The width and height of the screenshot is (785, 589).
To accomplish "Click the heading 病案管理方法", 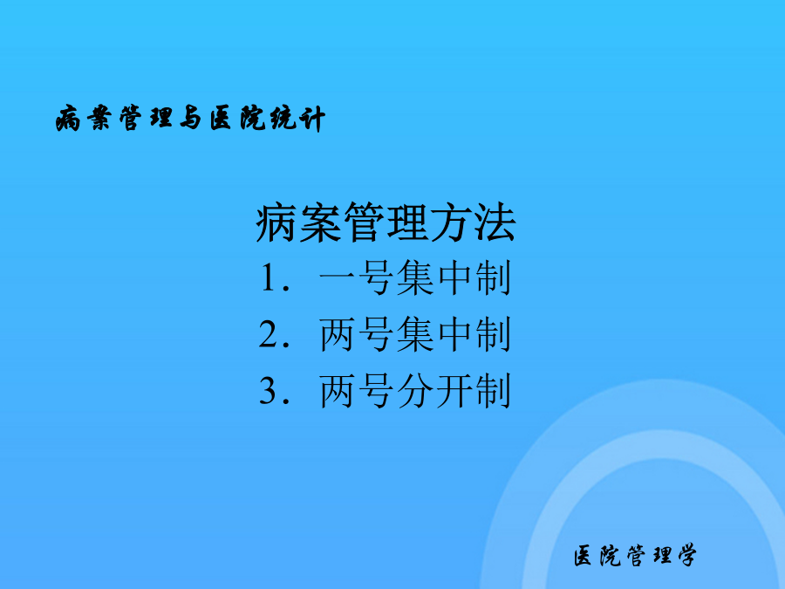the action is point(386,223).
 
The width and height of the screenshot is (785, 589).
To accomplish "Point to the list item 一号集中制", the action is point(415,278).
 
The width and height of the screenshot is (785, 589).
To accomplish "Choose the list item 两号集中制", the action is point(415,334).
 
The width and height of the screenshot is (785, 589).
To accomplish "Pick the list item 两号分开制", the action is point(415,391).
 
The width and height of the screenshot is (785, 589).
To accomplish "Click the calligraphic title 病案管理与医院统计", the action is point(190,119).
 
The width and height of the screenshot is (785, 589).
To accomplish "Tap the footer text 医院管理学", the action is point(635,556).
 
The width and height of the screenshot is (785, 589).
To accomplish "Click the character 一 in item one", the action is point(338,278).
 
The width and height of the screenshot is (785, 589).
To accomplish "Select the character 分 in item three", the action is point(415,391).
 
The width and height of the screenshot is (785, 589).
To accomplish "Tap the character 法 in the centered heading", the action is point(495,223).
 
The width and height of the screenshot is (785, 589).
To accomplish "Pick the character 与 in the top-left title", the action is point(190,119).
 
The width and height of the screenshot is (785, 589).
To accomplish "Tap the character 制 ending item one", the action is point(493,278).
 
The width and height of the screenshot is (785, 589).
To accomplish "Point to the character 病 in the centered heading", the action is point(276,223).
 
